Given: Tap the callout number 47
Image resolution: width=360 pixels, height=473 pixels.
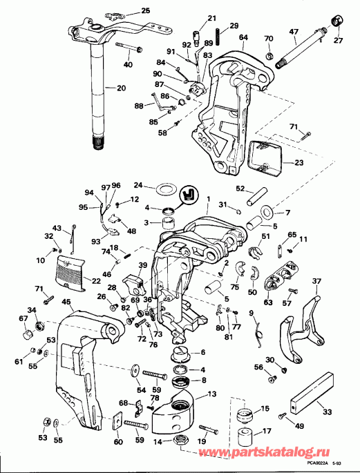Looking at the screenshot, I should point(312,32).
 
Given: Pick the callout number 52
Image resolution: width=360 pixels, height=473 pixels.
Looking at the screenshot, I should point(240,189).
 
